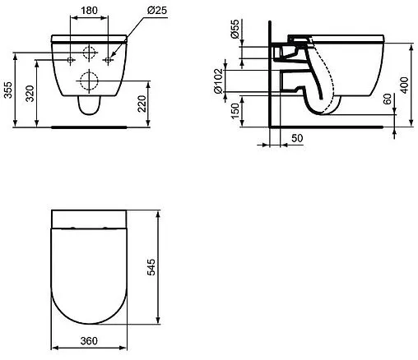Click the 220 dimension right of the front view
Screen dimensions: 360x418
coord(142,104)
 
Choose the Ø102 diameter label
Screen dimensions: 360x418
coord(219,81)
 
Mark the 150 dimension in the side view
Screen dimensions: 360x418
coord(235,110)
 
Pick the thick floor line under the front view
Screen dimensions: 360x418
coord(89,127)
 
